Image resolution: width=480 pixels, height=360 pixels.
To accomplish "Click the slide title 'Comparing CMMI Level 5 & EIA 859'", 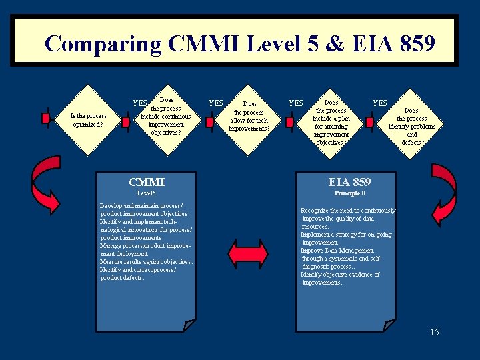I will coord(239,44).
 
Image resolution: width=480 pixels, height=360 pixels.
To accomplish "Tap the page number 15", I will coord(435,332).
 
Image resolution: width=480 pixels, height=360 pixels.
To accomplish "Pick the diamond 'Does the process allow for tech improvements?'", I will coord(249,116).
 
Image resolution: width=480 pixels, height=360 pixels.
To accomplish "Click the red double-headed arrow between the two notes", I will coord(247,253).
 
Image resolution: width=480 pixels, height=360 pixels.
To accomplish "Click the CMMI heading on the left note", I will coord(146,181).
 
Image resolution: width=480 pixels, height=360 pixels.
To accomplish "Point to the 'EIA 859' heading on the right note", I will coord(349,181).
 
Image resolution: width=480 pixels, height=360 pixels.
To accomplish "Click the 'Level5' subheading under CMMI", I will coord(146,193).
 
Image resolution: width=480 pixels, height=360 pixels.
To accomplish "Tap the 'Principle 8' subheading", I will coord(349,193).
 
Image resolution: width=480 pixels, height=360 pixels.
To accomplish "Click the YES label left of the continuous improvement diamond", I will coord(140,103).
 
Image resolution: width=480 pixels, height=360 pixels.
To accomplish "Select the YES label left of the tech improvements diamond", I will coord(215,103).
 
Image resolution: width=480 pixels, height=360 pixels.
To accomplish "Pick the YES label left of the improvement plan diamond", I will coord(295,103).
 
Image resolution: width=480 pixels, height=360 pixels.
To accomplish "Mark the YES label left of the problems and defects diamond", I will coord(379,103).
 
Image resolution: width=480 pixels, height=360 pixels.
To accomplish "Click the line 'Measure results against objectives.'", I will coord(146,262).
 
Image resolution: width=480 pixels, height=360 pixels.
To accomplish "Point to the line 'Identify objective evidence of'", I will coord(340,275).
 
